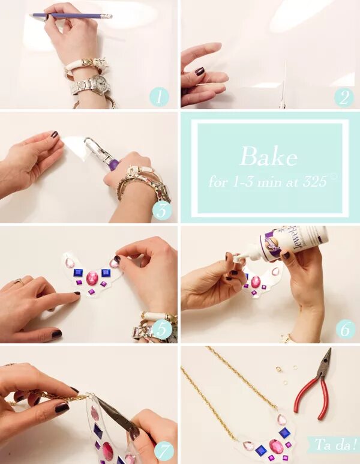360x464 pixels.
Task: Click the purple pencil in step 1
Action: coord(71,16)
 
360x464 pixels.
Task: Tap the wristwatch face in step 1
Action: coord(100,82)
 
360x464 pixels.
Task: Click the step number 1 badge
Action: coord(159,97)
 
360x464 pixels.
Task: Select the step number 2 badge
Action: coord(344,97)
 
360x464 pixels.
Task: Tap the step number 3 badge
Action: coord(162,211)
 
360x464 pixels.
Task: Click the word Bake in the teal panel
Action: coord(268,156)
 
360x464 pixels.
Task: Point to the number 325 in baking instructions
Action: coord(314,181)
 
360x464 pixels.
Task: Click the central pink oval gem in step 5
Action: coord(92,278)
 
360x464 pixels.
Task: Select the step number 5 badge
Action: coord(161,328)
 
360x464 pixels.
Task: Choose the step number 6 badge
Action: coord(345,330)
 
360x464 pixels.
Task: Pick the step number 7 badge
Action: coord(164,451)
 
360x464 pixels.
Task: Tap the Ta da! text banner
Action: coord(335,444)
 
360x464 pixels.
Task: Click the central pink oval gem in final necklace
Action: coord(275,446)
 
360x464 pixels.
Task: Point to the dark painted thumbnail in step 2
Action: coord(200,71)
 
